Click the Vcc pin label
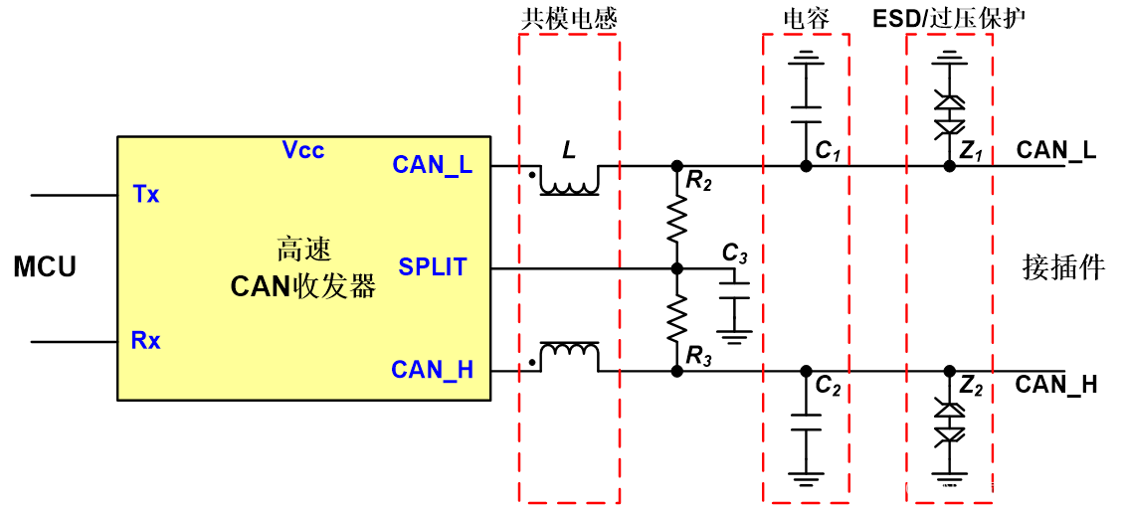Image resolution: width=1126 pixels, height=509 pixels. click(303, 150)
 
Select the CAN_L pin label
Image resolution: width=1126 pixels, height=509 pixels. click(432, 165)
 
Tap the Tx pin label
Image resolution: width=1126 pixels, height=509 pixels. click(146, 195)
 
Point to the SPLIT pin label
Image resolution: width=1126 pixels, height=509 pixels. click(433, 267)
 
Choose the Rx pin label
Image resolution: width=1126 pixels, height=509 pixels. click(145, 341)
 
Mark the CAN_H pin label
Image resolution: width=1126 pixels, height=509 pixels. click(432, 370)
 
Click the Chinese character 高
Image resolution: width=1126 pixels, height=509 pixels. click(289, 249)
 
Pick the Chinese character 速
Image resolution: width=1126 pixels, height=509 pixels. click(318, 249)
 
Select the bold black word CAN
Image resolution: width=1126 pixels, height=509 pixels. click(260, 287)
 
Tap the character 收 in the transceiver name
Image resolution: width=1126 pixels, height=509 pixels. click(305, 287)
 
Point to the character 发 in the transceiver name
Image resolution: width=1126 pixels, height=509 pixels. click(334, 287)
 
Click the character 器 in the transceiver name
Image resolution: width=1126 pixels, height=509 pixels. click(363, 287)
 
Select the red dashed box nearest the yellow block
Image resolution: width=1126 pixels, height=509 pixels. click(569, 268)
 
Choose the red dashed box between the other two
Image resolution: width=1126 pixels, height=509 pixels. click(806, 268)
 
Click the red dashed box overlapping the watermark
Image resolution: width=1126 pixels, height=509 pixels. click(949, 268)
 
